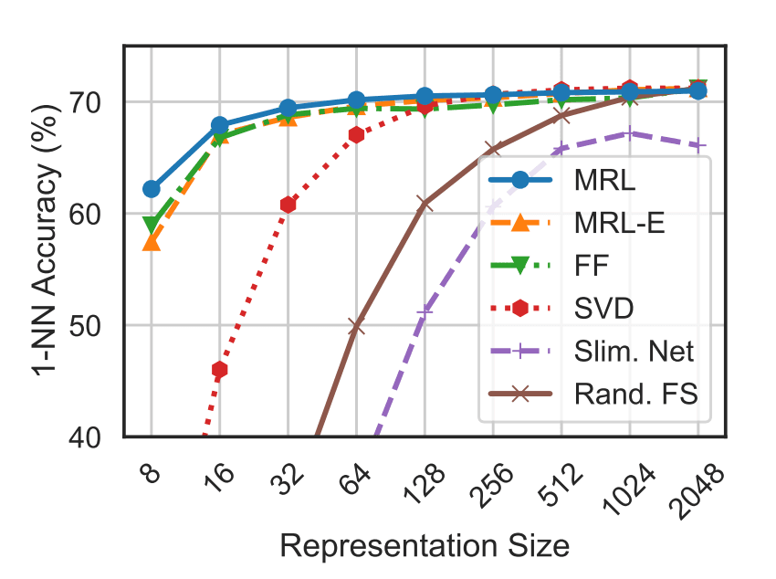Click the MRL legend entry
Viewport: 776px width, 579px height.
tap(593, 180)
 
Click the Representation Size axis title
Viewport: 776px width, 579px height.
tap(425, 545)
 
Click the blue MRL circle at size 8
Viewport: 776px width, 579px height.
tap(151, 189)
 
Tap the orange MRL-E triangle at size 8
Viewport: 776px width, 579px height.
tap(151, 242)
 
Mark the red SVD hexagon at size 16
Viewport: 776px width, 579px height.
tap(219, 370)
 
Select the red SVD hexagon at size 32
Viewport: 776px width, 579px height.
tap(288, 205)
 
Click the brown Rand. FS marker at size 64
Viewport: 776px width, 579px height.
tap(356, 326)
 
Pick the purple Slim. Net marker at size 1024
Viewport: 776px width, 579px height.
tap(629, 133)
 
